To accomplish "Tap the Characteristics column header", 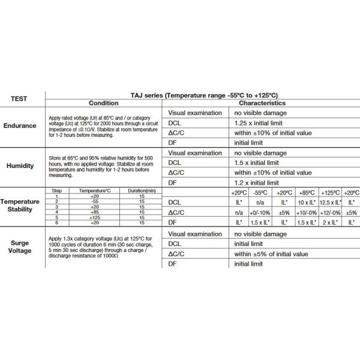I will (x=260, y=103).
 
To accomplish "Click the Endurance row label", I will (x=20, y=126).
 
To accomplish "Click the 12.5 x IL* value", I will (x=329, y=202).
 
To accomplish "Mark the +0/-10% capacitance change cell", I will (x=260, y=212).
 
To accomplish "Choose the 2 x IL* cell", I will (x=329, y=223).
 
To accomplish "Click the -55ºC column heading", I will (x=260, y=192).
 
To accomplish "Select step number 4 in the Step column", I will (x=56, y=211).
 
